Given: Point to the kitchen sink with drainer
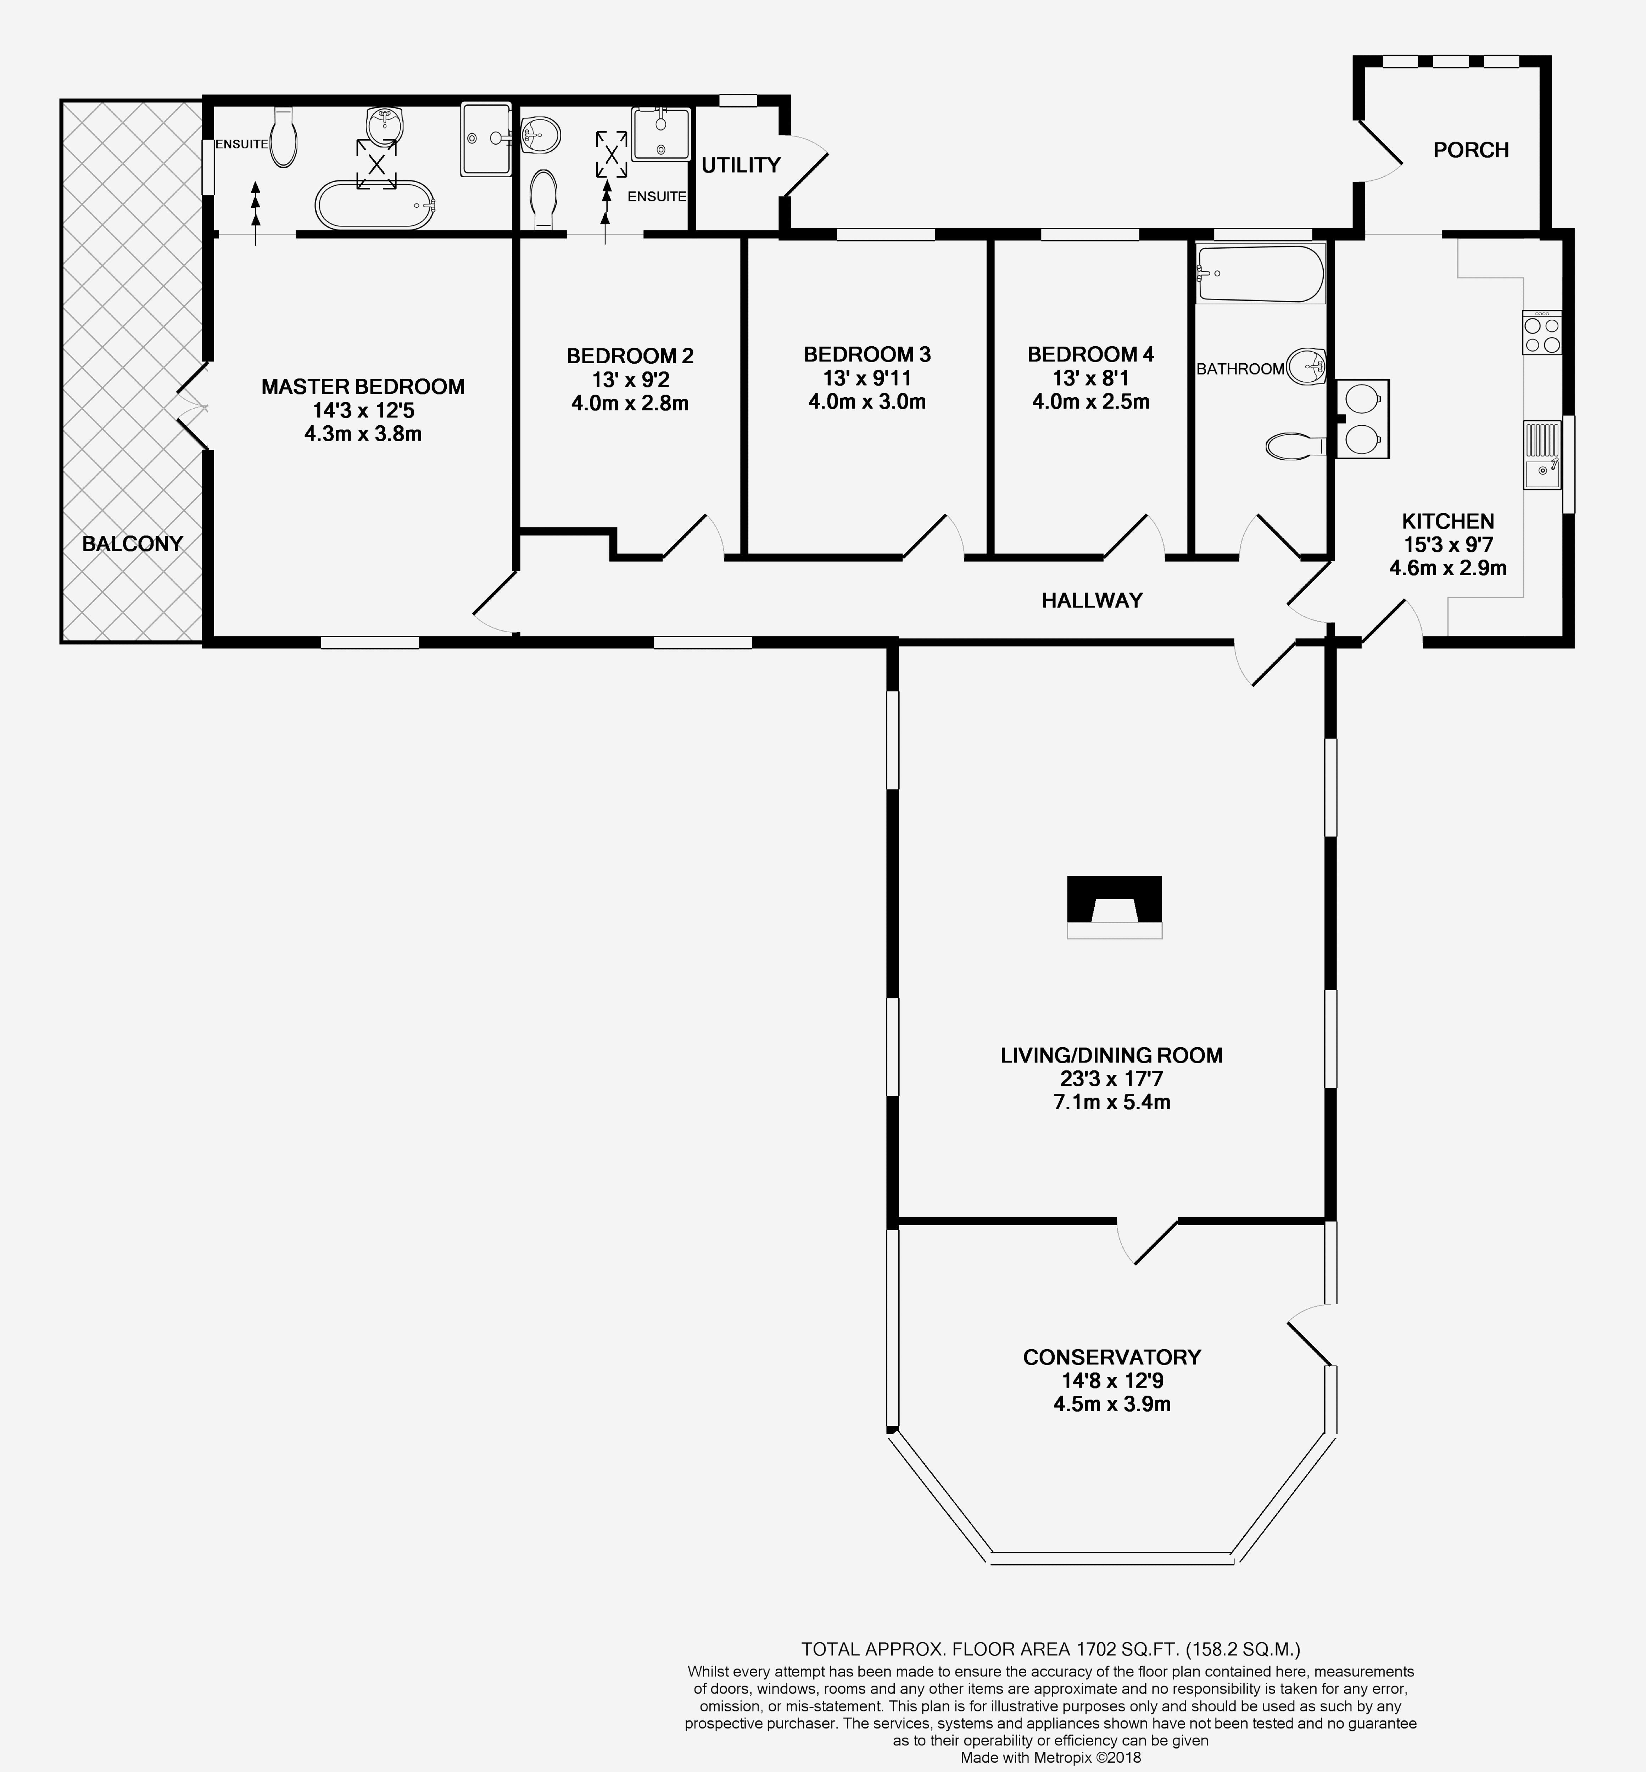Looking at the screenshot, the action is click(1542, 455).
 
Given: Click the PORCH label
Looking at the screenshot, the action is click(1471, 150).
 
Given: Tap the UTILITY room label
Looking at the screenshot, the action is click(740, 165).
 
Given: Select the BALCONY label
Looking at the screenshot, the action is click(132, 543).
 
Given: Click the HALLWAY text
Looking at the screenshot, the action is click(1092, 600).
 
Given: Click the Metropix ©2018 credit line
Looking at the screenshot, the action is click(1051, 1758).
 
